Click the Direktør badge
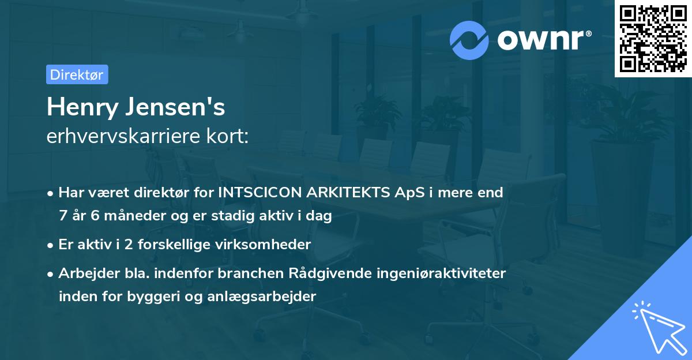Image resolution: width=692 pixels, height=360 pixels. coord(77,74)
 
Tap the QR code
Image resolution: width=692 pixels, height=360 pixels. coord(653,38)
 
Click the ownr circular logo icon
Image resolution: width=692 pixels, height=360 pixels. coord(469,40)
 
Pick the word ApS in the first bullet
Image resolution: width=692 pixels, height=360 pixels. coord(407,193)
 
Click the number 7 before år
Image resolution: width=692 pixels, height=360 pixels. coord(62,216)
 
